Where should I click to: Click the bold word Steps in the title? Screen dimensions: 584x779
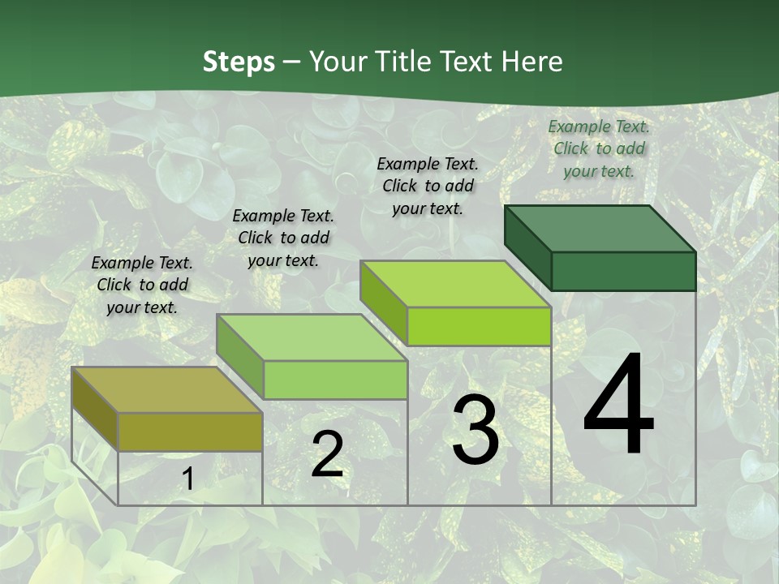(x=239, y=62)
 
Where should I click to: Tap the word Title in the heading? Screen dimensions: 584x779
(x=407, y=62)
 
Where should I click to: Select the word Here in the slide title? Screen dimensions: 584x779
(x=532, y=62)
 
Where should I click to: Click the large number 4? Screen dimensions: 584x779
(x=618, y=406)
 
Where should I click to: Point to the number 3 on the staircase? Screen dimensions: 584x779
(x=476, y=430)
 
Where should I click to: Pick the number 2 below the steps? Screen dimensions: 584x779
(x=327, y=454)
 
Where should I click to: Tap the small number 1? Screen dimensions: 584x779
(x=187, y=479)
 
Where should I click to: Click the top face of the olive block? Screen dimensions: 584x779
(x=166, y=390)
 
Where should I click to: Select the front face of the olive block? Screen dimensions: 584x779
(x=190, y=432)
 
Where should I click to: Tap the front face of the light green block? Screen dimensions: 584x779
(x=335, y=380)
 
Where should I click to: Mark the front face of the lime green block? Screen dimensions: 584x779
(x=479, y=326)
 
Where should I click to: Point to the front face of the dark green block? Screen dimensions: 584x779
(x=623, y=271)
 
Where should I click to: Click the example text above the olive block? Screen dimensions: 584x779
(x=142, y=285)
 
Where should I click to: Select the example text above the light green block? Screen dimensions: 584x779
(x=283, y=238)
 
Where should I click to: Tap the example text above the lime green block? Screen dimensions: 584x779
(x=428, y=186)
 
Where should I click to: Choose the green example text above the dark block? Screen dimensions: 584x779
(x=599, y=148)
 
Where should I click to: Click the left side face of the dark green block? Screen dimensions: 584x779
(x=527, y=247)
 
